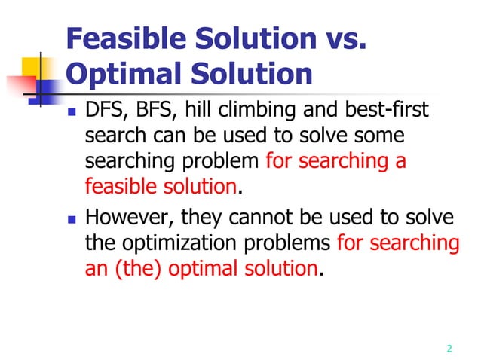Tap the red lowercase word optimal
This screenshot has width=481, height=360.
point(200,268)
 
